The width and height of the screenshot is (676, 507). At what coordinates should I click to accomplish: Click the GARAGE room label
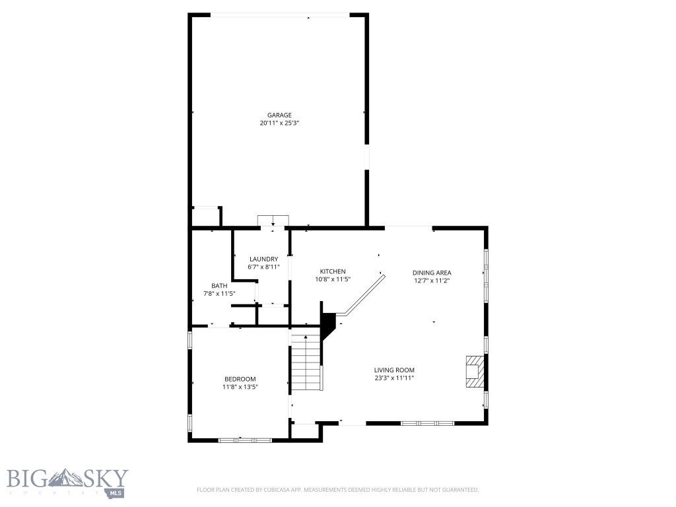[279, 115]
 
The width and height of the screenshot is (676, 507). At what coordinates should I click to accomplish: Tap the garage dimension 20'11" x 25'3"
[279, 123]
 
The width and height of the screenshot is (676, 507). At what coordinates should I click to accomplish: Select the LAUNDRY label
[263, 259]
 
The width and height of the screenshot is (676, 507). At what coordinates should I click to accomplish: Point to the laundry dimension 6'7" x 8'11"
[263, 267]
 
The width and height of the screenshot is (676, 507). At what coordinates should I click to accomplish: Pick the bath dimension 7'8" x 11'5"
[219, 294]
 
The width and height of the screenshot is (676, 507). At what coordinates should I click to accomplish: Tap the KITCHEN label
[333, 271]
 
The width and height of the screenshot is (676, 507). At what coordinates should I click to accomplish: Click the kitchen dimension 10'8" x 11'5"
[333, 279]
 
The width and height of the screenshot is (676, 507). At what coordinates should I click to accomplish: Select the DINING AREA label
[432, 272]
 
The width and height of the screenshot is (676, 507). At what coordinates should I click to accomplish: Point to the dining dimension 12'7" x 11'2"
[432, 281]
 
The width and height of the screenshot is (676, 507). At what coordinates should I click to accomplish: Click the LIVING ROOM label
[394, 370]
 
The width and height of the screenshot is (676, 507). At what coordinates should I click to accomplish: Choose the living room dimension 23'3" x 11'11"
[394, 378]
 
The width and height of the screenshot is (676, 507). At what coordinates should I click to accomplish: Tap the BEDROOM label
[240, 379]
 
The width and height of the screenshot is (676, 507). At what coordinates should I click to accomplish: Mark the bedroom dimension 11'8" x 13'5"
[240, 388]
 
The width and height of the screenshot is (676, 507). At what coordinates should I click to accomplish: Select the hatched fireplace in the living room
[473, 371]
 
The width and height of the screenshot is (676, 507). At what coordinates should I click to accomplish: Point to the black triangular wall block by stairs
[327, 323]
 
